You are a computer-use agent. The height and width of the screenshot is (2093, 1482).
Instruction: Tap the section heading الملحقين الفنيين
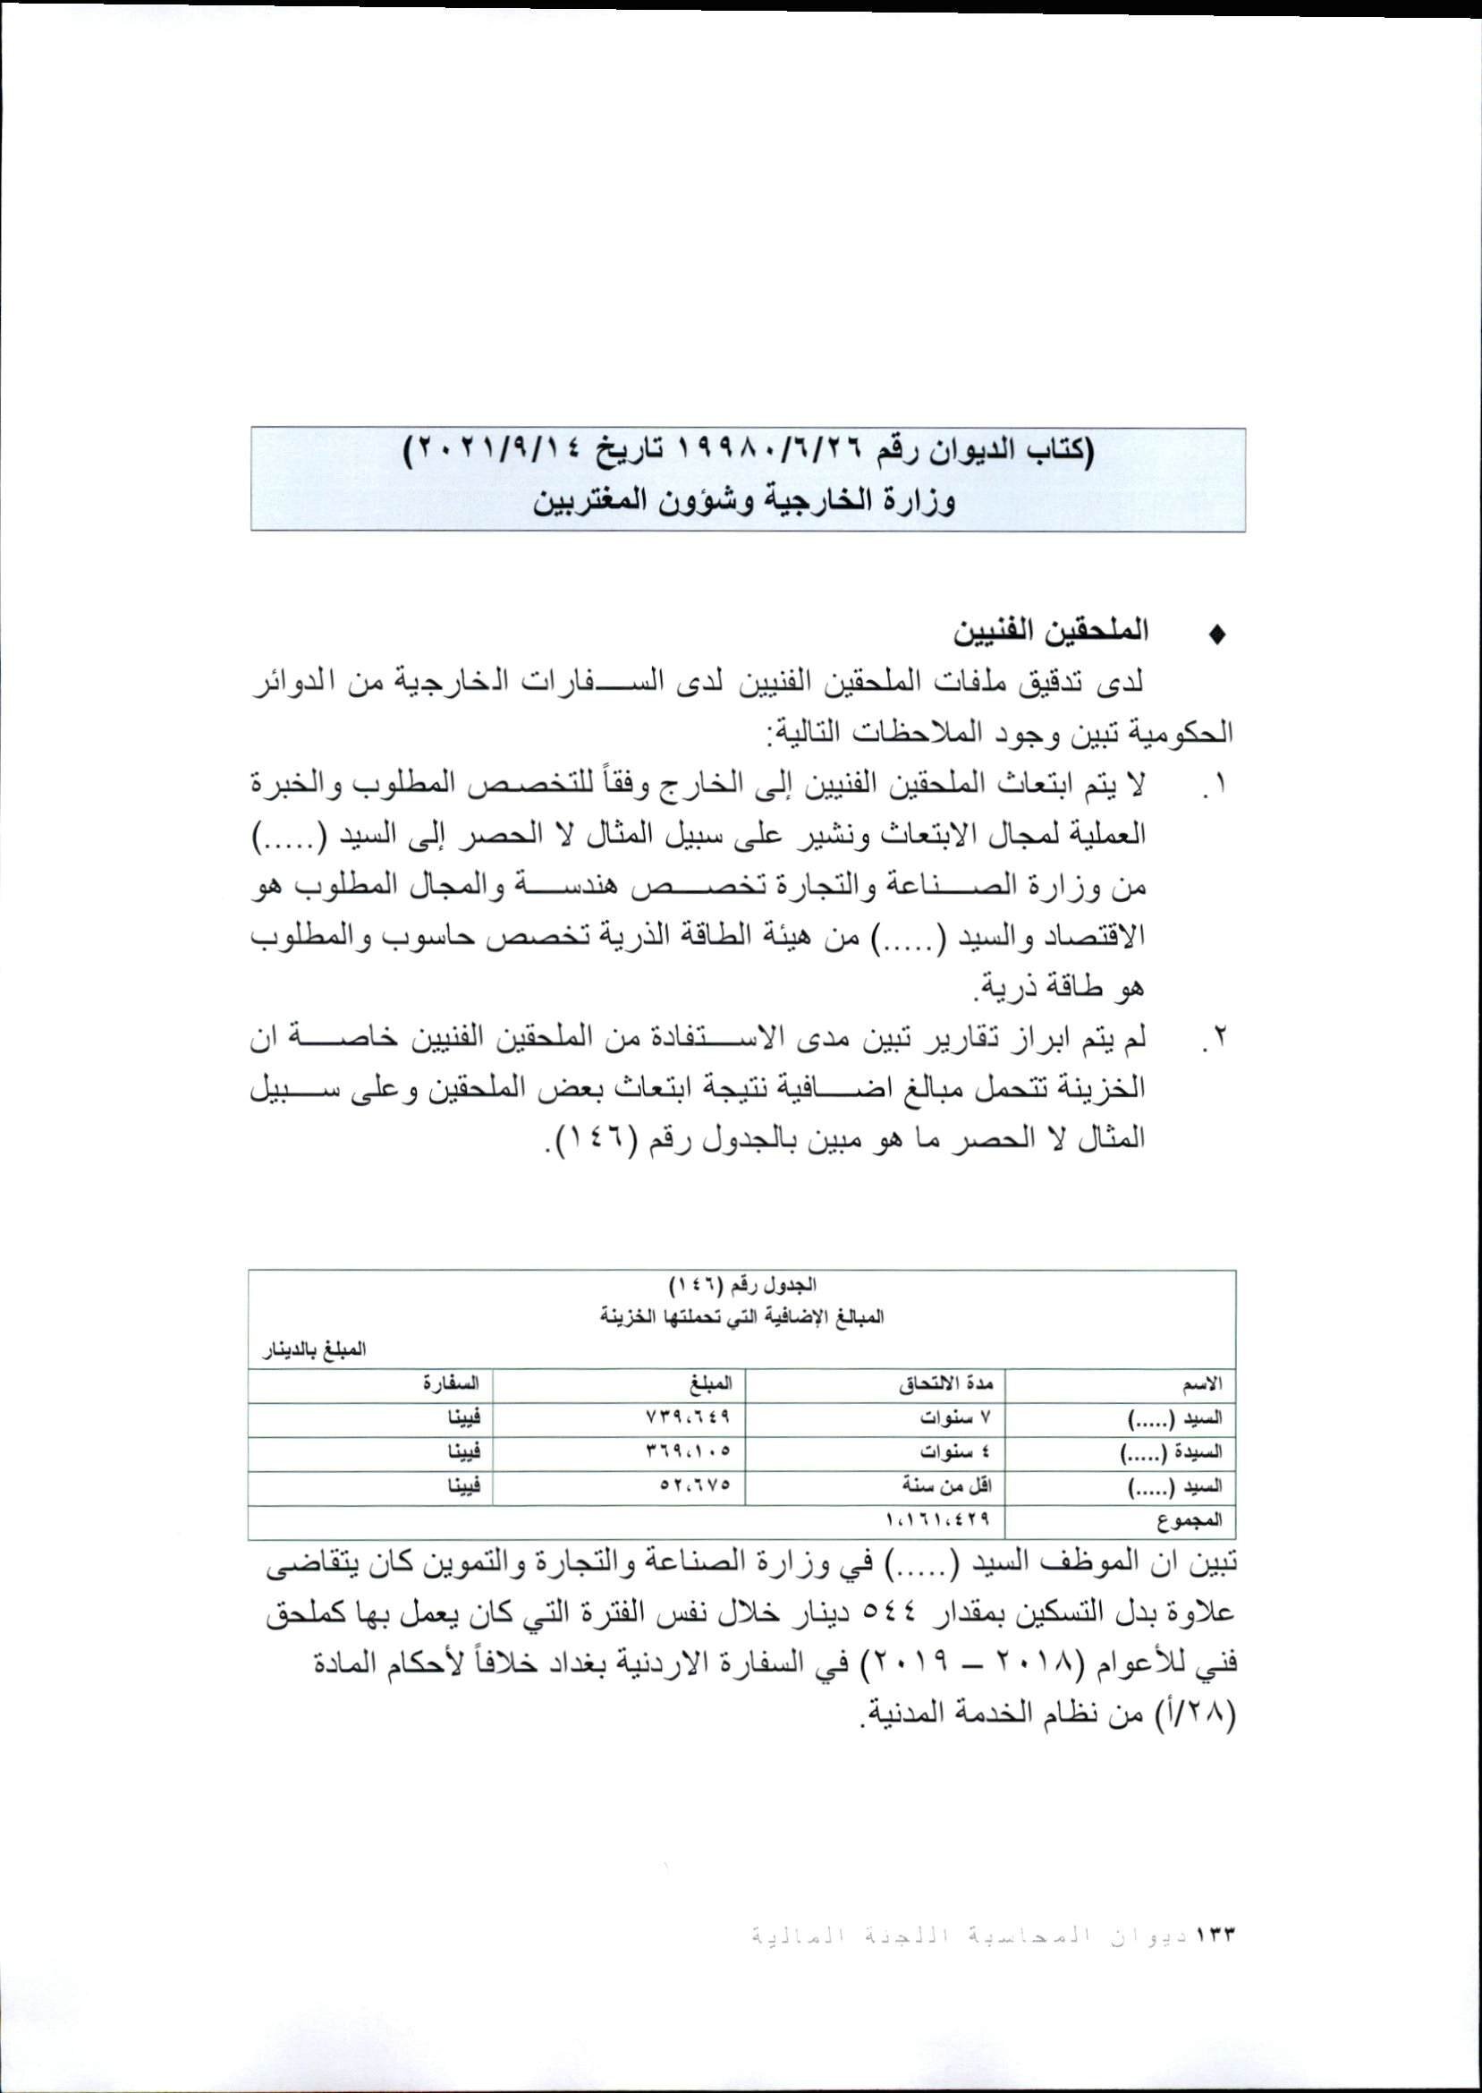(x=1049, y=632)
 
